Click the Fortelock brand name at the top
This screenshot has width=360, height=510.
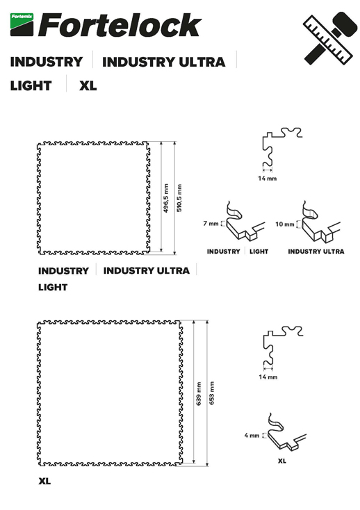click(120, 25)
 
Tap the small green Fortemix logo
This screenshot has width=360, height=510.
click(22, 24)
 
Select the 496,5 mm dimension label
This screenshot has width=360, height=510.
click(166, 198)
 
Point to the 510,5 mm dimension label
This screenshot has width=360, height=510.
click(179, 198)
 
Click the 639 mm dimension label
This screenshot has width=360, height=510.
click(198, 393)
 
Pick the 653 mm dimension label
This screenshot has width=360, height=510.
click(212, 393)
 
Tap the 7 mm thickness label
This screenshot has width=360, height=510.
click(211, 224)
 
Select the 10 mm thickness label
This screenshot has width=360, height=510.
click(284, 224)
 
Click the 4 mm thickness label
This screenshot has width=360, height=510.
click(252, 435)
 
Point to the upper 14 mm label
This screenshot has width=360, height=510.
click(268, 179)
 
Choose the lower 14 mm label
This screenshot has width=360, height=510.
click(268, 377)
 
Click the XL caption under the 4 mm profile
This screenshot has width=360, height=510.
click(282, 461)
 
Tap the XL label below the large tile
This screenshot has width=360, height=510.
click(44, 481)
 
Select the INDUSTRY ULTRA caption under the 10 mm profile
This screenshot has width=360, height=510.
click(316, 252)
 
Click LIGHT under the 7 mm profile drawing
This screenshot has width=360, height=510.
click(259, 252)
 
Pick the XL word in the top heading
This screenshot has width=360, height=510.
click(88, 86)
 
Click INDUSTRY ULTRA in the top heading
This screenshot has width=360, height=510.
click(163, 62)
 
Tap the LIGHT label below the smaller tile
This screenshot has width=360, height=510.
click(53, 287)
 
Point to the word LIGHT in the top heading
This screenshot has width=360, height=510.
click(31, 86)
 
